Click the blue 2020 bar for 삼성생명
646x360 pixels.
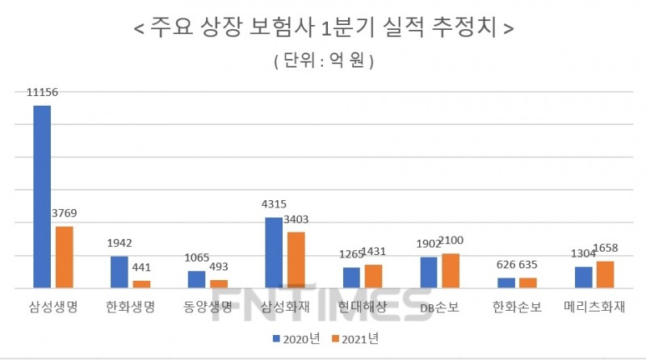[x=42, y=196]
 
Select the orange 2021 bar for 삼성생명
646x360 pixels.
[x=64, y=257]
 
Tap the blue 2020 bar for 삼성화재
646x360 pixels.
[x=274, y=252]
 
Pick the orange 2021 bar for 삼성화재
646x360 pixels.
[x=296, y=259]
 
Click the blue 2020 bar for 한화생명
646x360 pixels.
[x=120, y=271]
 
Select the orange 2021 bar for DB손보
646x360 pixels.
[x=450, y=270]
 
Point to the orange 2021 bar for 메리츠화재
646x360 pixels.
[x=605, y=274]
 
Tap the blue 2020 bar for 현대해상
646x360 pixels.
[x=351, y=277]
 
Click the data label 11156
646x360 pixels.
[x=42, y=94]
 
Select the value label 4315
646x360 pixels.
[x=274, y=205]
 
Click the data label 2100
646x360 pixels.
[x=450, y=241]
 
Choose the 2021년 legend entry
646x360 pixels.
[x=355, y=339]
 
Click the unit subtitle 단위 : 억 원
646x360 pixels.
[x=323, y=61]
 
